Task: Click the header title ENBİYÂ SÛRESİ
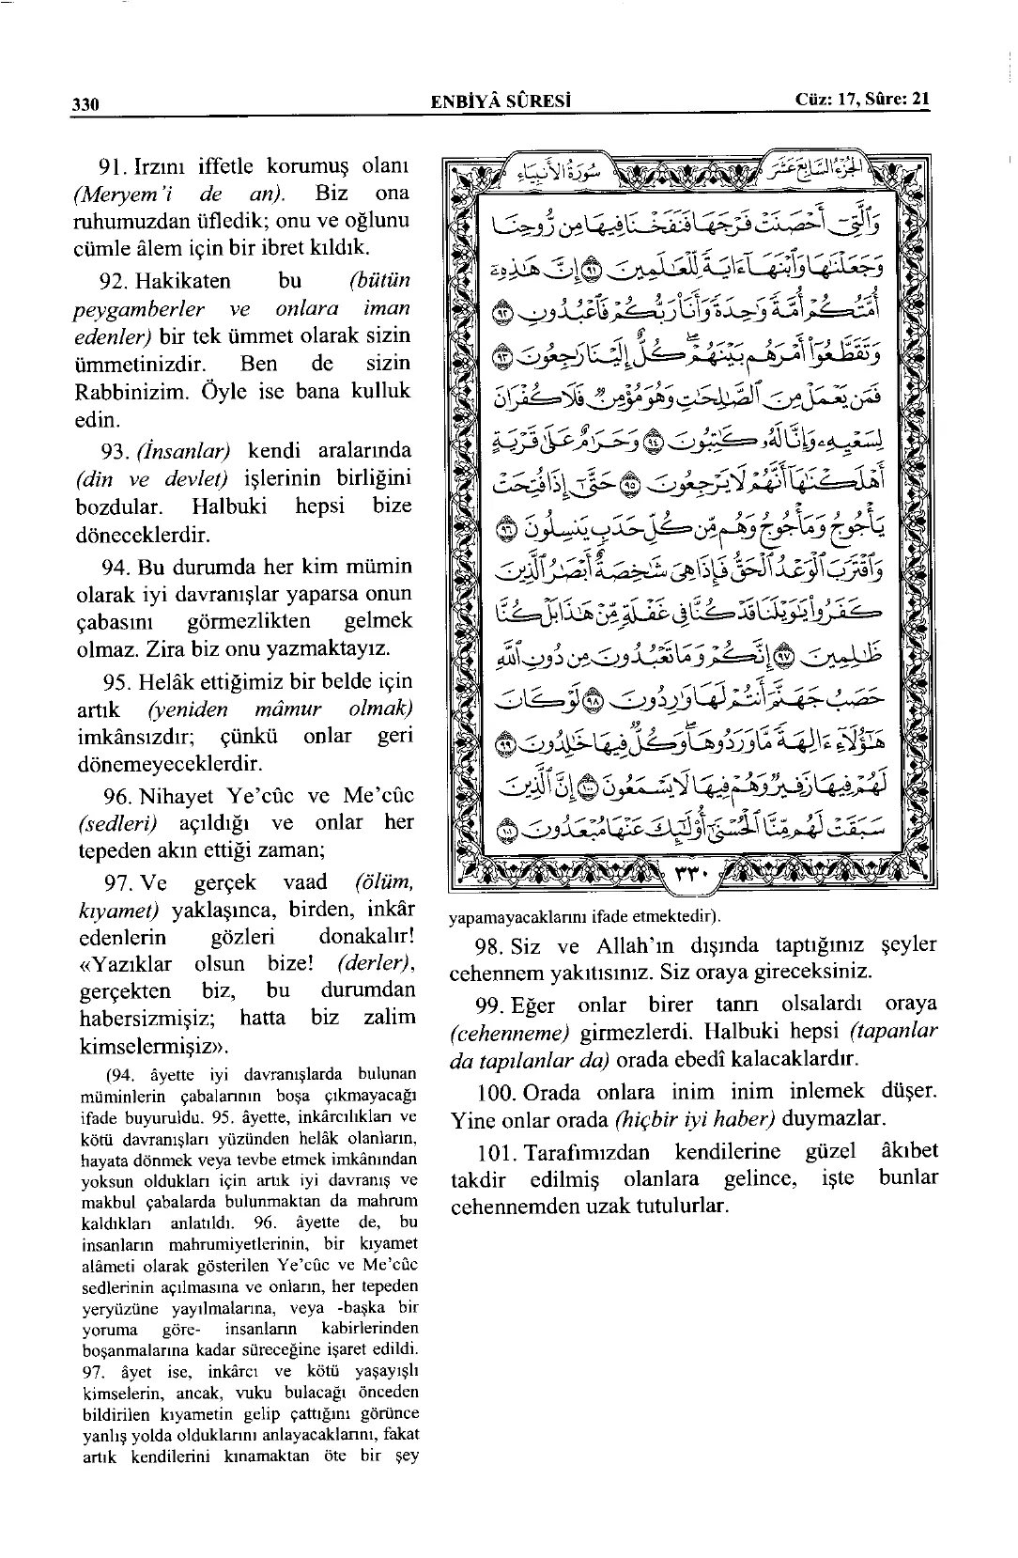click(501, 101)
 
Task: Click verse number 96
click(116, 796)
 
